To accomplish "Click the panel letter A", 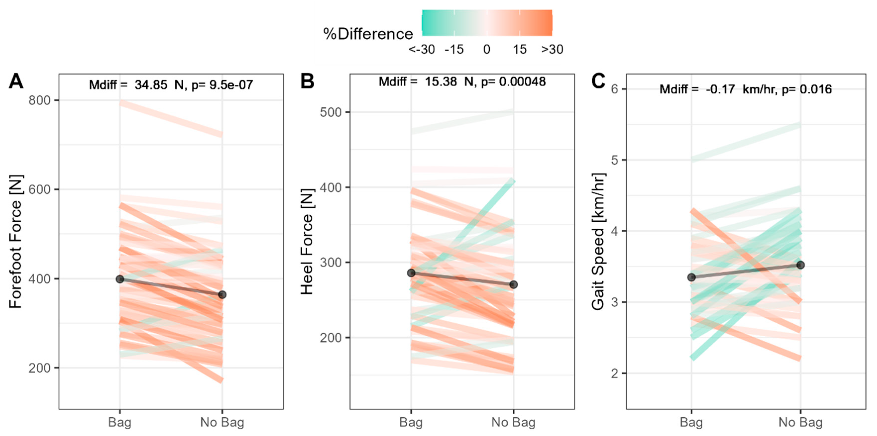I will coord(16,82).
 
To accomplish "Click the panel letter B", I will coord(307,82).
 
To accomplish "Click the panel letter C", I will coord(598,82).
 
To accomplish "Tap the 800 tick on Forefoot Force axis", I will coord(39,100).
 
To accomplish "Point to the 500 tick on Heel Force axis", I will coord(330,112).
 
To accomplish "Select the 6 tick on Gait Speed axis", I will coord(614,89).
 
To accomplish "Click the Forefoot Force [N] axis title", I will coord(16,242).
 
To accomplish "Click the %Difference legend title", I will coord(368,34).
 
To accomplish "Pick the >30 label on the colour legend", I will coord(552,50).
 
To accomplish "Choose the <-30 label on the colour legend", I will coord(422,50).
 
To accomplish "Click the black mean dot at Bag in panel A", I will coord(120,279).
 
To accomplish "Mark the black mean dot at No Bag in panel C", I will coord(800,265).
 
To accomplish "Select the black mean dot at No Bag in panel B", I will coord(513,285).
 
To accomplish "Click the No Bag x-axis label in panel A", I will coord(222,422).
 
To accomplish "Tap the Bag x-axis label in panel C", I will coord(691,422).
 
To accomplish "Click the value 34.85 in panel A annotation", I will coord(151,85).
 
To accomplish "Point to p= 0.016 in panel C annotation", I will coord(807,90).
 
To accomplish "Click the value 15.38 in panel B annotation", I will coord(441,82).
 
